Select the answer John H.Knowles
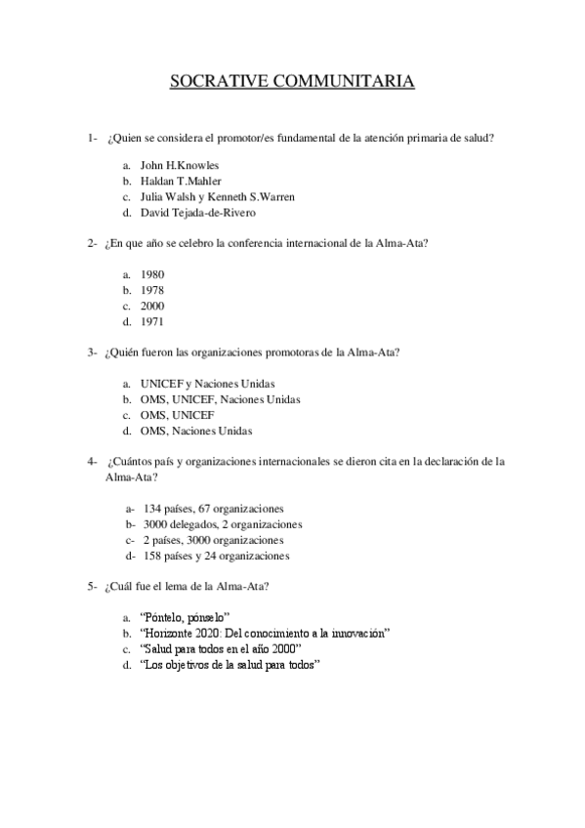(x=180, y=165)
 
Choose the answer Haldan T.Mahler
(x=181, y=181)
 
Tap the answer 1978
(x=152, y=290)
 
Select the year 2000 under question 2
(x=152, y=306)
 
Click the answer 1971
(x=152, y=321)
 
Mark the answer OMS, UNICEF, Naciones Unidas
(x=221, y=399)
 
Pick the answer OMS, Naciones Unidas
(x=196, y=431)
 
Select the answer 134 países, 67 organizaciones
(x=213, y=509)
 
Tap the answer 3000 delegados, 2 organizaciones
(x=222, y=524)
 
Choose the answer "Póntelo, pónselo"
(x=185, y=617)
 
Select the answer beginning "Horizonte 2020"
(x=265, y=633)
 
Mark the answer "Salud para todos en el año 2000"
(x=221, y=648)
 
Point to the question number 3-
(x=91, y=352)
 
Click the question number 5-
(x=91, y=587)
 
